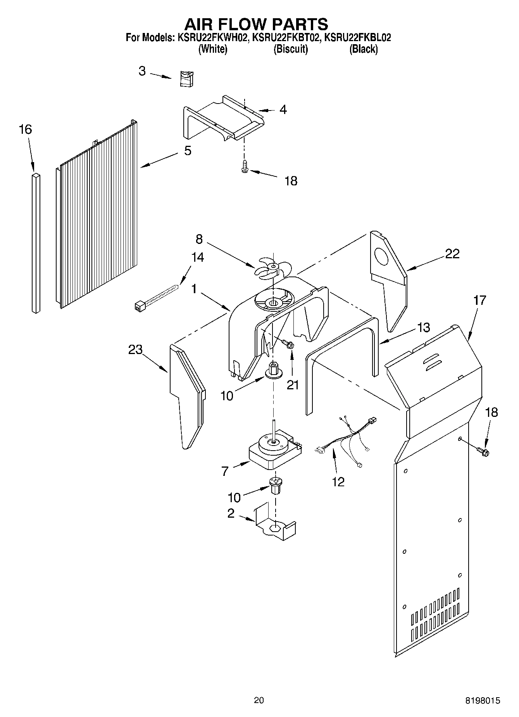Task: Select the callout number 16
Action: [26, 130]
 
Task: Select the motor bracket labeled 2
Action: [276, 526]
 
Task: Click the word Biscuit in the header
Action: [291, 49]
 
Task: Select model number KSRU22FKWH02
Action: [212, 38]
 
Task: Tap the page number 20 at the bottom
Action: [259, 700]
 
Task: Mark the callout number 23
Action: [136, 350]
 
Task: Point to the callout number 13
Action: [424, 327]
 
